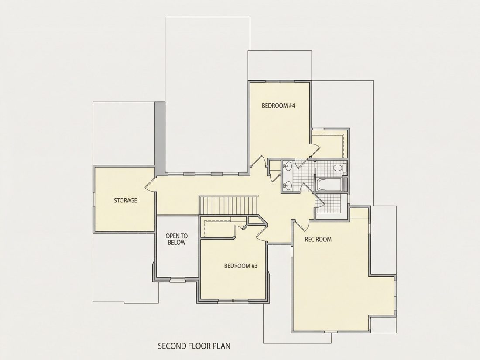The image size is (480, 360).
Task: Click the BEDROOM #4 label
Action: click(278, 106)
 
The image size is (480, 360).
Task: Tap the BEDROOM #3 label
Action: click(240, 266)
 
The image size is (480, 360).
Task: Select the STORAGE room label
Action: click(126, 201)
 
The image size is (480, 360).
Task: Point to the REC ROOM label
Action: click(318, 239)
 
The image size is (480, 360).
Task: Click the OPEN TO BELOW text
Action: click(177, 240)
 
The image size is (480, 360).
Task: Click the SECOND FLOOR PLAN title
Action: click(194, 346)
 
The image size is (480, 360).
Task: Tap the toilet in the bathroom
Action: click(339, 168)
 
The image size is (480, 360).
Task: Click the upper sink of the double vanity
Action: click(288, 167)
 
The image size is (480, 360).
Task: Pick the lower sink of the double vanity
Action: click(288, 185)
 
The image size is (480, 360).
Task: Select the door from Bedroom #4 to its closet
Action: click(316, 151)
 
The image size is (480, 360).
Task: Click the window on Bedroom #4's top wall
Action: click(279, 82)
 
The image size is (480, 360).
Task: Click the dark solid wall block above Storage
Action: click(159, 139)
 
